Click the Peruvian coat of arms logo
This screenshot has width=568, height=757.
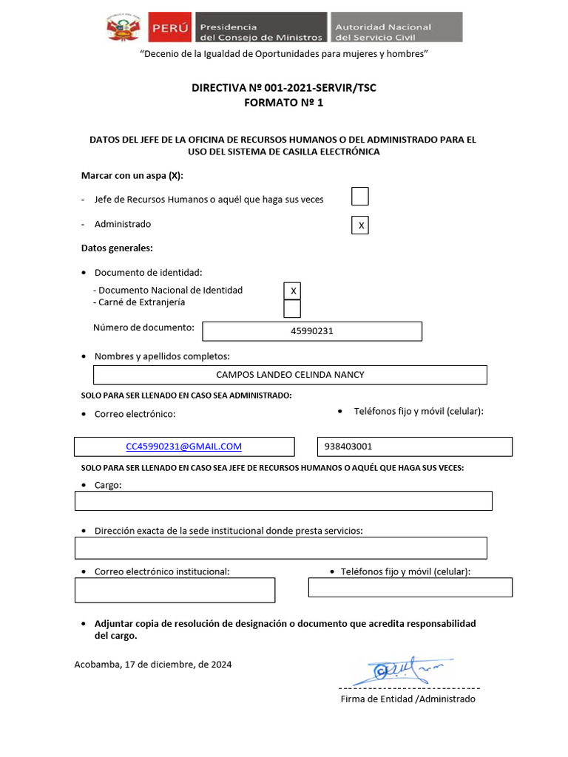[x=125, y=28]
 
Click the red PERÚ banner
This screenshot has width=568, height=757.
[x=169, y=28]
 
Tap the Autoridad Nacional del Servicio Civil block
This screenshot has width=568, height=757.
[x=396, y=27]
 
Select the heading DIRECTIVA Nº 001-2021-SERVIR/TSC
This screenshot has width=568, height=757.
[x=284, y=88]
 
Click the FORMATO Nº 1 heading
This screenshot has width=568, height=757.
[x=284, y=103]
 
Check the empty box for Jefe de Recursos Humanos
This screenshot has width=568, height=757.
[x=359, y=197]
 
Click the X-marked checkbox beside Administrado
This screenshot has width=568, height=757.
[x=359, y=225]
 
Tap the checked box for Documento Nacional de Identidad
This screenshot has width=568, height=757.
[x=292, y=291]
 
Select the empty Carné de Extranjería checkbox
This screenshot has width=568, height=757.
[x=292, y=308]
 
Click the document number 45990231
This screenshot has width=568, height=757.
[x=311, y=331]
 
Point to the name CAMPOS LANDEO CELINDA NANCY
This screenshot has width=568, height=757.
[x=290, y=375]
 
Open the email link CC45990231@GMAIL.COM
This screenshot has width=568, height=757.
[x=184, y=447]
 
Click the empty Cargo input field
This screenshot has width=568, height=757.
[x=283, y=500]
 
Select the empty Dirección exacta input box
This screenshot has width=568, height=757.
[x=281, y=548]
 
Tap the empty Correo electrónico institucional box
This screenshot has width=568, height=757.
[x=175, y=590]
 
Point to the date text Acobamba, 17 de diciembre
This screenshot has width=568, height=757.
[x=153, y=665]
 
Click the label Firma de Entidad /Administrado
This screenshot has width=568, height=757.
[x=408, y=699]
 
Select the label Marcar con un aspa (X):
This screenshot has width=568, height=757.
[x=132, y=175]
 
